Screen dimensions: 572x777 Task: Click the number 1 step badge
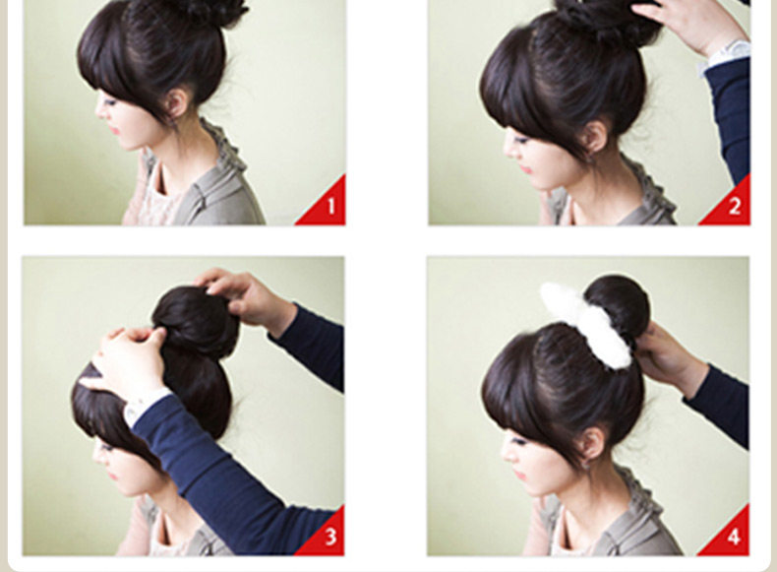coord(329,207)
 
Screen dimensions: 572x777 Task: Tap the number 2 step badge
coord(734,207)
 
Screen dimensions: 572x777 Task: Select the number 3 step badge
coord(329,538)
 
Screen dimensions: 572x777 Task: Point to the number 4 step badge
coord(734,538)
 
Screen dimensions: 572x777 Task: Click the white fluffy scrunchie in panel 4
coord(587,322)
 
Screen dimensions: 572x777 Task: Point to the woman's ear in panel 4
coord(593,445)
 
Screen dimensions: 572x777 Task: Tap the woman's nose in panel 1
coord(99,110)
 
